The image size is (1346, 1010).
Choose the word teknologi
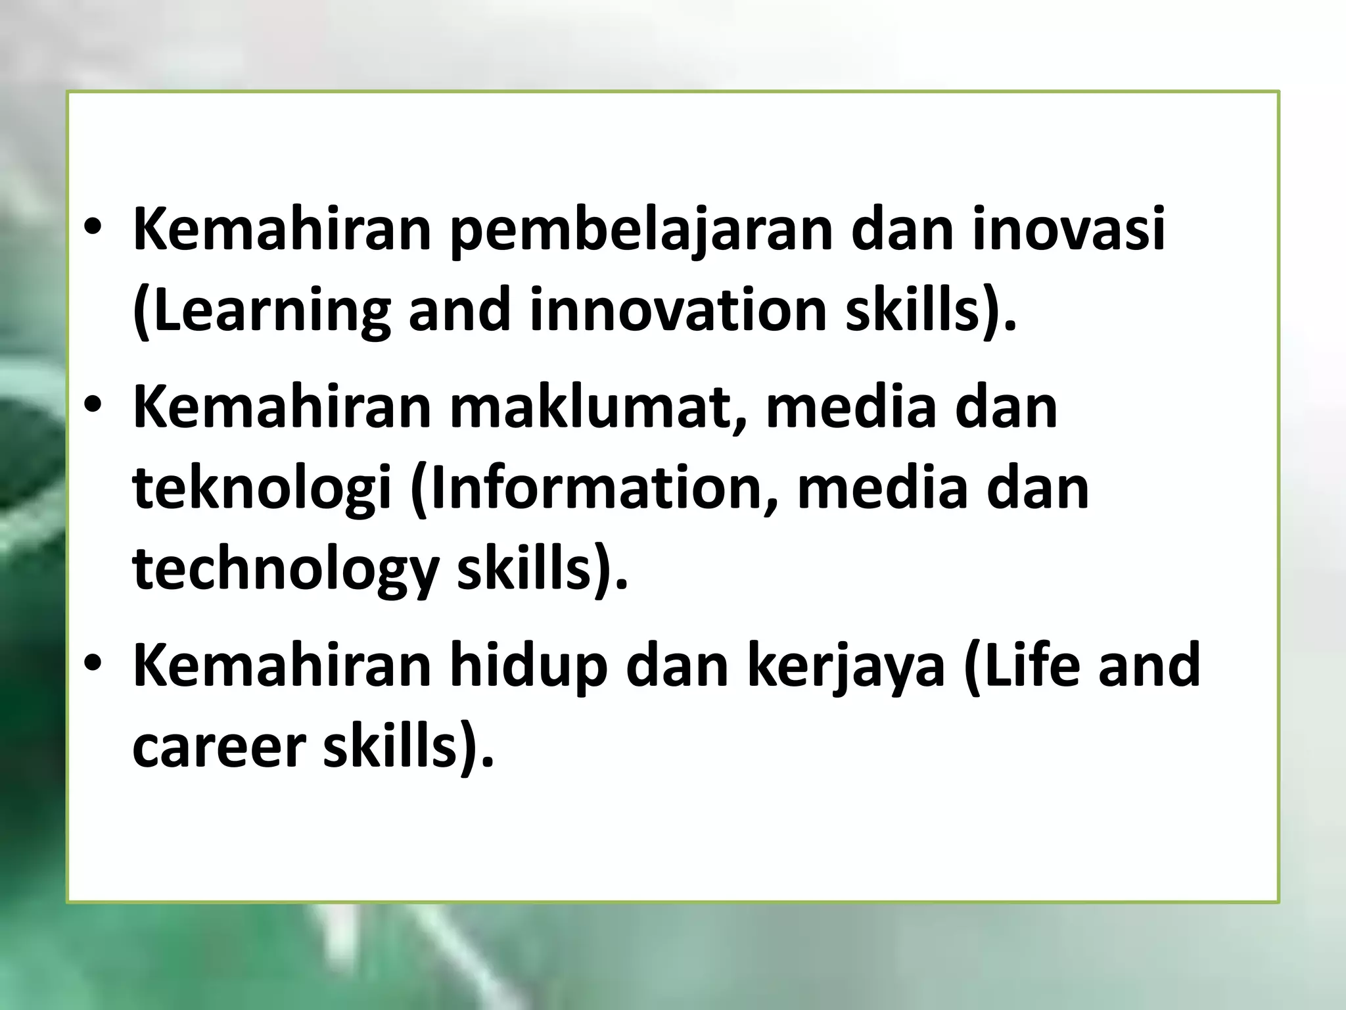(262, 490)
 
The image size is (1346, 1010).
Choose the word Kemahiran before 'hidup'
(282, 665)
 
